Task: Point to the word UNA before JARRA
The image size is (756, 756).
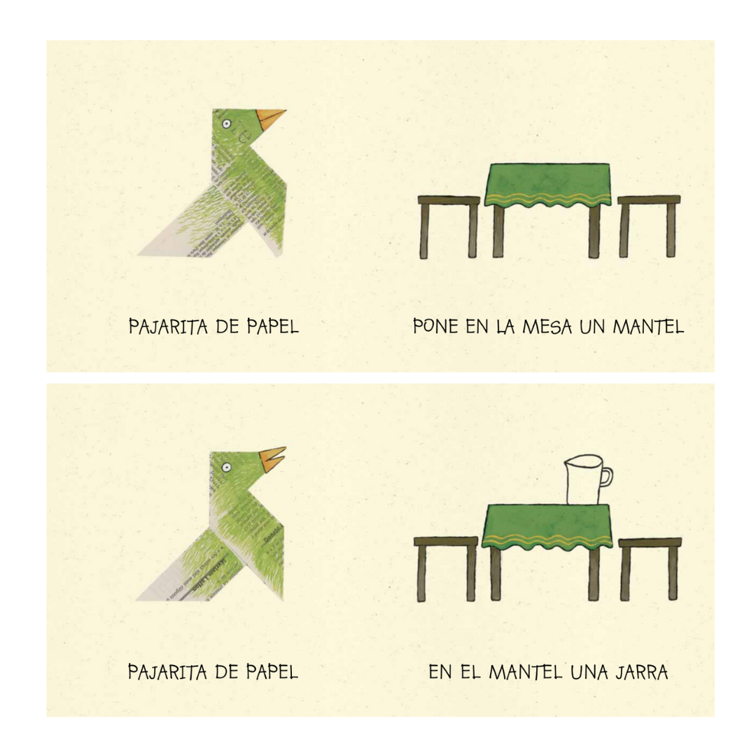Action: point(590,673)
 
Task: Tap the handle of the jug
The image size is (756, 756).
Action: point(605,476)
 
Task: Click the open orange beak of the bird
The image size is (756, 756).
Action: point(272,458)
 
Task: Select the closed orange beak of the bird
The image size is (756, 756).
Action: point(269,118)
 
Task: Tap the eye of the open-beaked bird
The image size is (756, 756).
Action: point(226,466)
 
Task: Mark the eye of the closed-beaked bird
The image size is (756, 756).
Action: point(226,124)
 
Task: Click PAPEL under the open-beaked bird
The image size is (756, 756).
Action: point(272,673)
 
